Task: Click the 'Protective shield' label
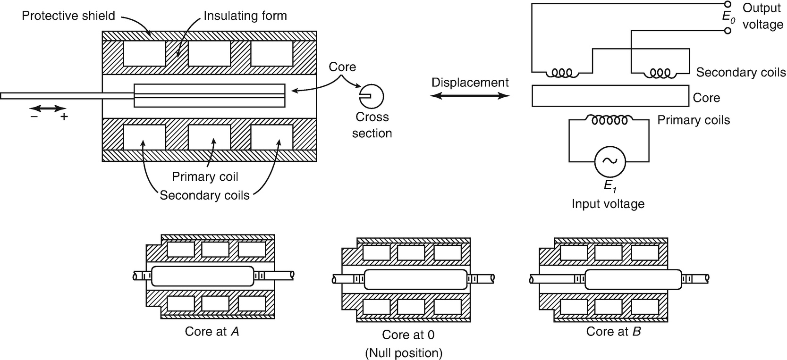coord(68,16)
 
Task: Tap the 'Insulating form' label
coord(245,16)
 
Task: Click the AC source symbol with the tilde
coord(609,161)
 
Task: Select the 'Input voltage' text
coord(608,204)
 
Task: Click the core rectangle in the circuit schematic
coord(609,96)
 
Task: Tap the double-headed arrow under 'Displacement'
coord(471,96)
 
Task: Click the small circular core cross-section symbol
coord(372,96)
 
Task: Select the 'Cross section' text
coord(372,125)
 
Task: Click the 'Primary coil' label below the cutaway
coord(205,176)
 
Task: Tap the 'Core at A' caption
coord(212,331)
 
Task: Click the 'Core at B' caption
coord(613,331)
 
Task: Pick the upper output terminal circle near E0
coord(728,4)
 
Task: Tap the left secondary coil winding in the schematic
coord(562,73)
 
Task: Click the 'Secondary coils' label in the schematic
coord(741,72)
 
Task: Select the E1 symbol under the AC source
coord(610,187)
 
